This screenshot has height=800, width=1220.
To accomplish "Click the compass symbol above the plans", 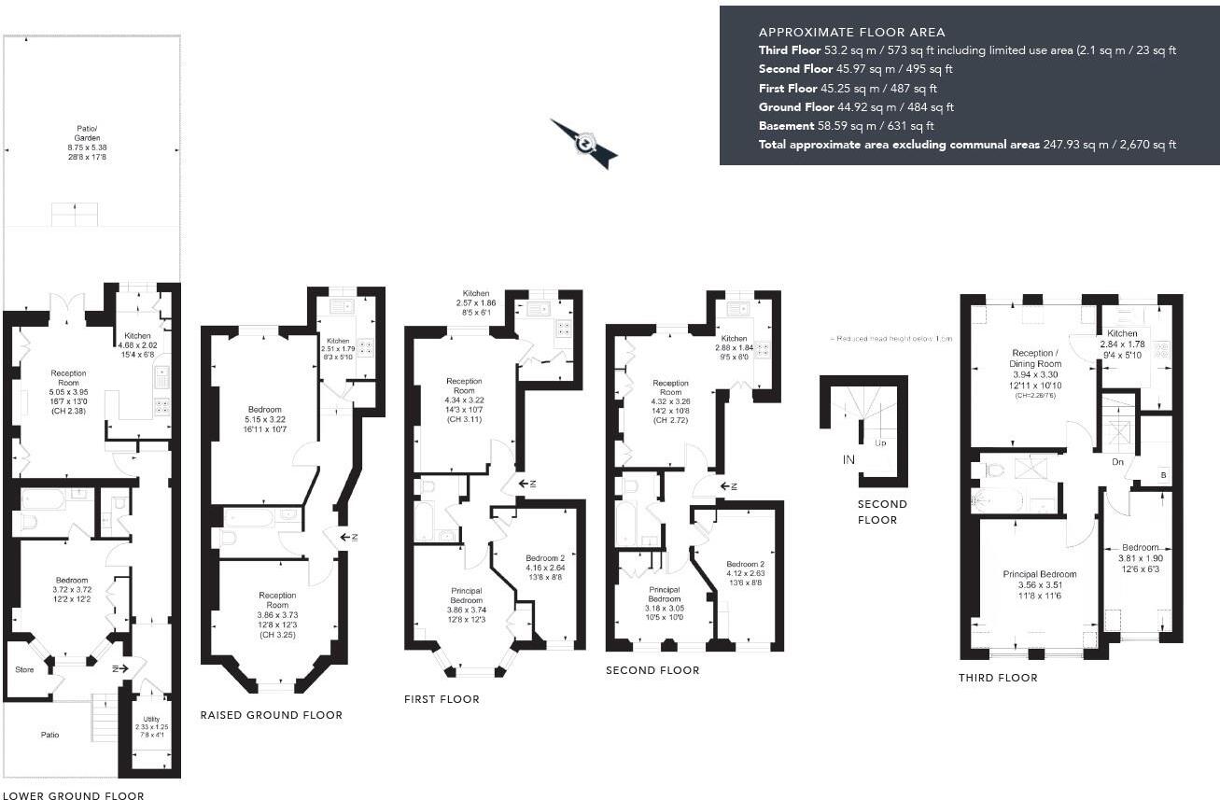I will (x=584, y=144).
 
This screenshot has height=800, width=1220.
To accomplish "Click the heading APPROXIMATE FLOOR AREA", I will (x=851, y=32).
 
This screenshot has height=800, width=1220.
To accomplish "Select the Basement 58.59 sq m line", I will (x=847, y=125).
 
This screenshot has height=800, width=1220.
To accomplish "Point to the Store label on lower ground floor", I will (x=24, y=669).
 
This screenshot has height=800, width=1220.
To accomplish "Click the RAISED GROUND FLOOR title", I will (x=271, y=715).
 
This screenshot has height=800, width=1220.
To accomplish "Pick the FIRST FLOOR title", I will (x=442, y=699).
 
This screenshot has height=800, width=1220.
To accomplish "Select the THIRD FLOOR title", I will (x=998, y=678).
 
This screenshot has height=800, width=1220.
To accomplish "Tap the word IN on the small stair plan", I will (x=848, y=459).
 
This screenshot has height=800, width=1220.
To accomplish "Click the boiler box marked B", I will (x=1162, y=473).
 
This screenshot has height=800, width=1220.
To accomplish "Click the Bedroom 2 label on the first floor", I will (x=544, y=563).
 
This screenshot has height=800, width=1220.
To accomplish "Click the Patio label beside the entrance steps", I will (x=49, y=735).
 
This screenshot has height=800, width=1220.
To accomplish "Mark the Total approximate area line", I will (x=967, y=145).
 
